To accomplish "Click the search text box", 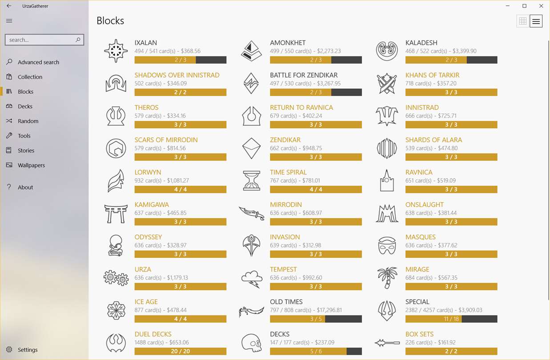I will point(40,40).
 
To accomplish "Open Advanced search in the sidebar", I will point(38,62).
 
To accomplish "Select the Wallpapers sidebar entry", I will point(31,165).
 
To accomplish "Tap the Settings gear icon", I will point(9,350).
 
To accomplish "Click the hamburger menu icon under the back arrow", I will point(9,21).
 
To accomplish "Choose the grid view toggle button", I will point(523,21).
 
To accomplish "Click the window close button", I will point(541,6).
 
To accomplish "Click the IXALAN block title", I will point(146,43).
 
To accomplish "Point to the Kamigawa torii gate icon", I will point(116,213).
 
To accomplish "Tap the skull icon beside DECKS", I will point(251,343).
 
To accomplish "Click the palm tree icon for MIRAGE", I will point(387,278).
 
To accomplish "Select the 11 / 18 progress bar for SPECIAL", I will point(451,319).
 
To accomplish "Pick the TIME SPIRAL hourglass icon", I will point(251,181).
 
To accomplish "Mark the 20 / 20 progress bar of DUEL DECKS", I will point(180,351).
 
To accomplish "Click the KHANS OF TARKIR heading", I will point(432,75).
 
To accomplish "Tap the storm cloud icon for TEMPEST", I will point(251,278).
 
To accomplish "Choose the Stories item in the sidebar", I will point(26,151).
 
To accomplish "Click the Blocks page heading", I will point(110,21).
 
